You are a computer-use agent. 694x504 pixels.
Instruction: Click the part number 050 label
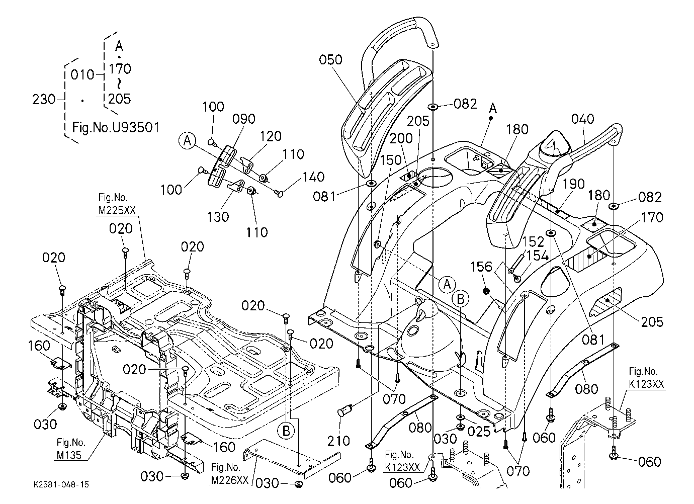pos(330,59)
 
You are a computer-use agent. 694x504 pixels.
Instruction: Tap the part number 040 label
pos(582,119)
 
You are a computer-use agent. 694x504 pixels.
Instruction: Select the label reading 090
pos(244,119)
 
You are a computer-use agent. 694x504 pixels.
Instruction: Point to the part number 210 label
pos(338,441)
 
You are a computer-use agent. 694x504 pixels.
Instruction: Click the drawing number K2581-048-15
pos(61,484)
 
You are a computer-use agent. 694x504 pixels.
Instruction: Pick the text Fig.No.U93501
pos(116,127)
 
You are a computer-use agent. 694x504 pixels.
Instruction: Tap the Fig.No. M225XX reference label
pos(117,204)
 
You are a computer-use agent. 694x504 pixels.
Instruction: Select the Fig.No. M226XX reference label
pos(230,474)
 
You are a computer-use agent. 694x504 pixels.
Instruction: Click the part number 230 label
pos(44,99)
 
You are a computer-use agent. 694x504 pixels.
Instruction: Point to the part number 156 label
pos(481,267)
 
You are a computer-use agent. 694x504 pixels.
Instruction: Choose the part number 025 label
pos(479,431)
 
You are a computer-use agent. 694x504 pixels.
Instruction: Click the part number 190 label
pos(573,184)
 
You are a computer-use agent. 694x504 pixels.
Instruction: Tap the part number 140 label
pos(313,177)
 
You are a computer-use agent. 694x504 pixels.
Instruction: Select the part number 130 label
pos(218,217)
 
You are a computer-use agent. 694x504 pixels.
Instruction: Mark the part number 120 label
pos(271,136)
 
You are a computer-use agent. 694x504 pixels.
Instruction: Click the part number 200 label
pos(401,138)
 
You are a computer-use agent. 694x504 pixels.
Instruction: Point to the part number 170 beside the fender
pos(652,218)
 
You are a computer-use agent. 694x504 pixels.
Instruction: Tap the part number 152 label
pos(533,242)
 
